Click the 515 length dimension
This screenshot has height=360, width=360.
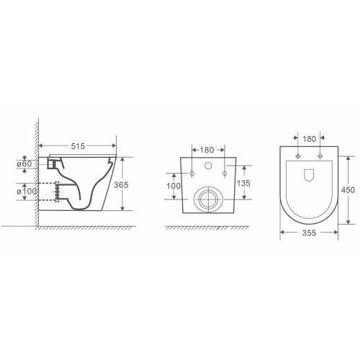tap(78, 146)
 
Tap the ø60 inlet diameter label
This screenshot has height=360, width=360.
tap(24, 164)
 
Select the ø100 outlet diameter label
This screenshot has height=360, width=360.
tap(27, 192)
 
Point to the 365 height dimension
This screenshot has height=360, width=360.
tap(121, 185)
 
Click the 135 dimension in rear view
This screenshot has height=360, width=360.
tap(243, 183)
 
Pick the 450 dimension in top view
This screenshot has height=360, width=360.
tap(348, 190)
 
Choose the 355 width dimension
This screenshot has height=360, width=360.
tap(309, 233)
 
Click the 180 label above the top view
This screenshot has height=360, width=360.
tap(309, 139)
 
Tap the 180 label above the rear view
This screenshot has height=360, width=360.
tap(207, 150)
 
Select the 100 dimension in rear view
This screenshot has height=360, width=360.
tap(174, 186)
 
